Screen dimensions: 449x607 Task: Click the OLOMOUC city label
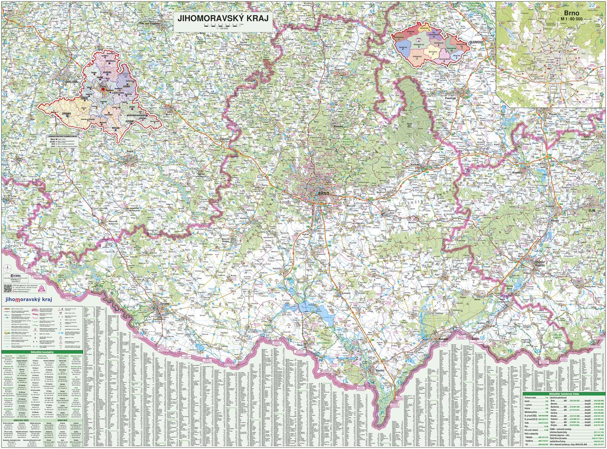tap(476, 42)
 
